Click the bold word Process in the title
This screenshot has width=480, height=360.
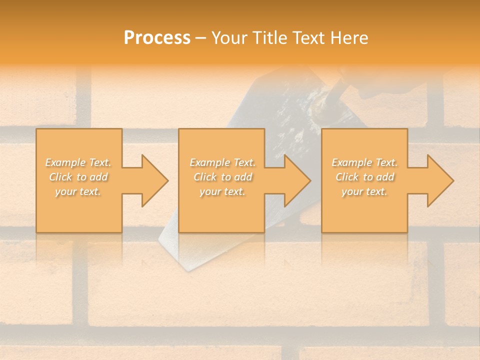point(157,38)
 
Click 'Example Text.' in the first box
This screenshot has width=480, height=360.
point(78,162)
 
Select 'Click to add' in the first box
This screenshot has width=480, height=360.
point(78,177)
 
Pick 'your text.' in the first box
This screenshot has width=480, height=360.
point(78,191)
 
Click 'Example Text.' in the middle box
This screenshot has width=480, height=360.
point(222,162)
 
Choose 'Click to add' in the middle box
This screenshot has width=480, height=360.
point(222,177)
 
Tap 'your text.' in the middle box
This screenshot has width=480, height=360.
point(222,191)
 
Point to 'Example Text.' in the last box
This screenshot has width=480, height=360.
point(364,162)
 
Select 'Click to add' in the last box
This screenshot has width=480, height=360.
point(364,177)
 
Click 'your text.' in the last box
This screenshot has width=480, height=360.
point(364,191)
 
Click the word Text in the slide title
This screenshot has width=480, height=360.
point(308,38)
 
